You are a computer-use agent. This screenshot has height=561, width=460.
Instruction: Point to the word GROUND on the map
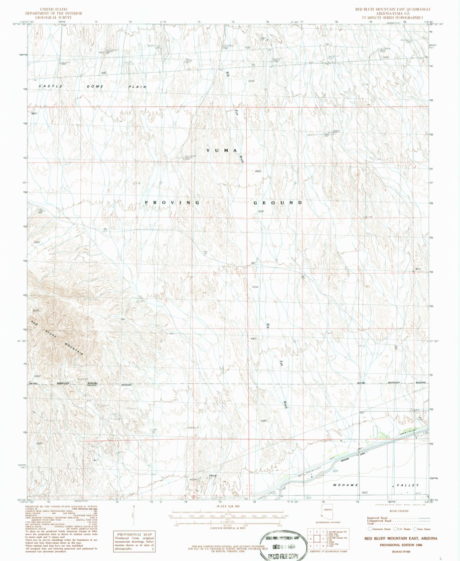click(x=278, y=202)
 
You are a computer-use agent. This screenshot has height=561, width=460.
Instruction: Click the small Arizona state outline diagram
click(x=327, y=510)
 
